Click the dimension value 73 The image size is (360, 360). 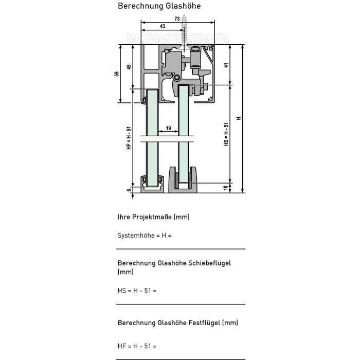click(177, 19)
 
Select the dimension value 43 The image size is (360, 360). click(163, 26)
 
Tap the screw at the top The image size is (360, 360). click(184, 33)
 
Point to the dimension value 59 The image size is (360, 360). click(116, 74)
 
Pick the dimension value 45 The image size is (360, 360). click(129, 66)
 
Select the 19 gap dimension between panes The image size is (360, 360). click(168, 128)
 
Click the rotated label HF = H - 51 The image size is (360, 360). click(129, 138)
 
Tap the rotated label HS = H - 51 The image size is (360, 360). click(226, 134)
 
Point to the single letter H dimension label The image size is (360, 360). click(238, 118)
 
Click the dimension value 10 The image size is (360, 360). click(225, 188)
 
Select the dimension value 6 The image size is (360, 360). click(129, 190)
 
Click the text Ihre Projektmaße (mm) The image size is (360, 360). click(154, 217)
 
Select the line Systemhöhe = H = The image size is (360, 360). click(145, 236)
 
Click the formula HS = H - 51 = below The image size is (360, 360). click(137, 291)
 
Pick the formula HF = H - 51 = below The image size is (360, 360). click(137, 346)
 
